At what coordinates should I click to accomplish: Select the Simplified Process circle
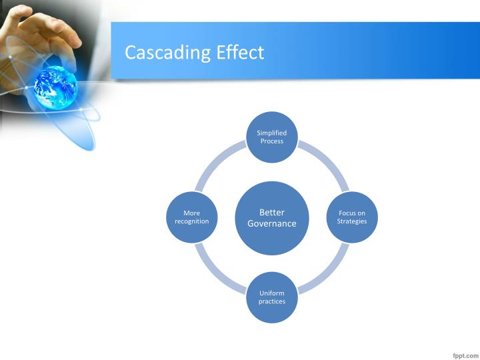tap(272, 137)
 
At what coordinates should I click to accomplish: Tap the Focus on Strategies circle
tap(351, 217)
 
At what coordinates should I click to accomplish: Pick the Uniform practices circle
tap(272, 297)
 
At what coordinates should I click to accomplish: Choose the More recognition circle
tap(192, 217)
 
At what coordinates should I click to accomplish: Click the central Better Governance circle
tap(272, 217)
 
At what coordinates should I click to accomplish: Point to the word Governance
tap(272, 223)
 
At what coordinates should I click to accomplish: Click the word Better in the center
tap(272, 212)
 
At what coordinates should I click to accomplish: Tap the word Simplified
tap(272, 133)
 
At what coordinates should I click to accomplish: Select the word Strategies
tap(351, 221)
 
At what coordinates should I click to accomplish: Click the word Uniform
tap(272, 293)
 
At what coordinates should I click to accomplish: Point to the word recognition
tap(192, 221)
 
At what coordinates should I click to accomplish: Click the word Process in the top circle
tap(272, 141)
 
